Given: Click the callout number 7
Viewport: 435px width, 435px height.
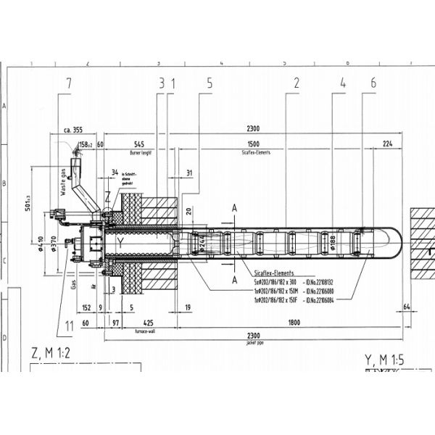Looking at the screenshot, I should point(68,84).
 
